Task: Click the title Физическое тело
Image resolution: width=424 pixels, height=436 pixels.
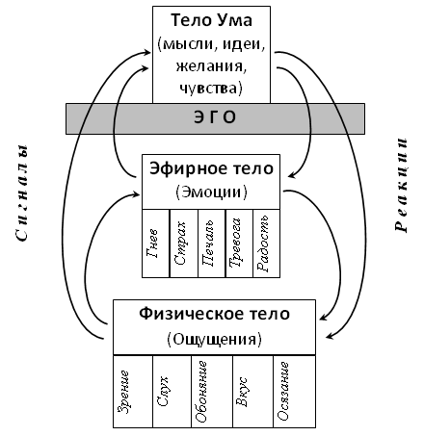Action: [x=215, y=314]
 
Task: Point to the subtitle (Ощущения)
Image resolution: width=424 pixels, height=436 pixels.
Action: [x=215, y=339]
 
